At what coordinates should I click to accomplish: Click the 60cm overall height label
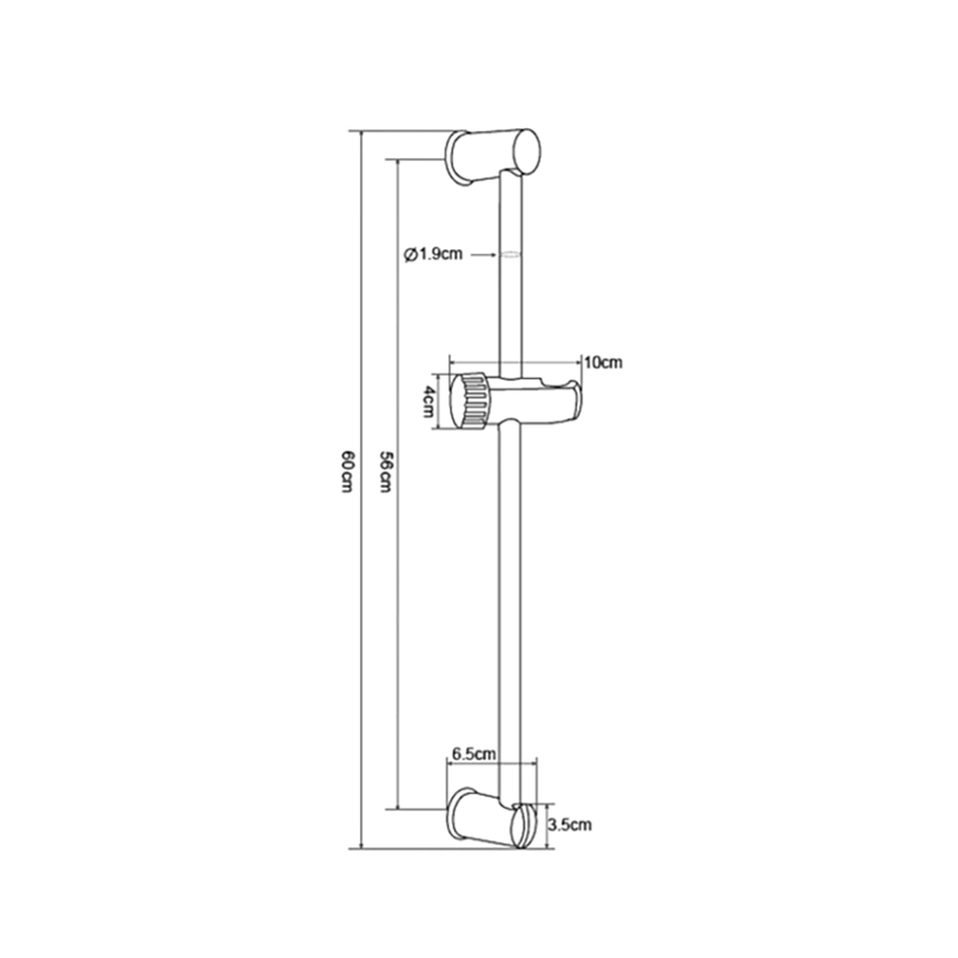pyautogui.click(x=347, y=471)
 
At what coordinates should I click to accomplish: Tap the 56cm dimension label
pyautogui.click(x=385, y=471)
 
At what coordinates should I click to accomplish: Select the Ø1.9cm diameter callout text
pyautogui.click(x=434, y=254)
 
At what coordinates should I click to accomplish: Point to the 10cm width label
pyautogui.click(x=603, y=362)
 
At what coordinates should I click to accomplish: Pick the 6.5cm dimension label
pyautogui.click(x=473, y=753)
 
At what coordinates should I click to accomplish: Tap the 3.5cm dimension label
pyautogui.click(x=569, y=825)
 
